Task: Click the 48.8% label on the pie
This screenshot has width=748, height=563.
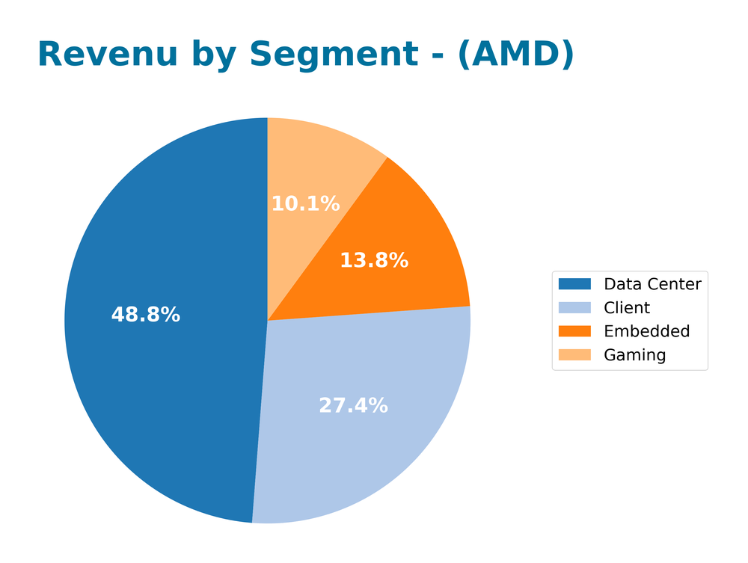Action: pos(145,316)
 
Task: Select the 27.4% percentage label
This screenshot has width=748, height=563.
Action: pos(353,406)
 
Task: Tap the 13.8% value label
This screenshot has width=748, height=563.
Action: pos(374,261)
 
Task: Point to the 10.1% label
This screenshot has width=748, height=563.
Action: pos(305,204)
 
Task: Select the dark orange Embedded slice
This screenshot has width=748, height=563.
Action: pos(419,247)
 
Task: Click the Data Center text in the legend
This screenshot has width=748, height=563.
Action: pos(652,284)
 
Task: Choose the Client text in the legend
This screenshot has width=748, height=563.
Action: pos(627,308)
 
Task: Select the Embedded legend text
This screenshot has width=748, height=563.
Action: pos(646,331)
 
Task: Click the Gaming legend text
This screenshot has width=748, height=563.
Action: pos(634,355)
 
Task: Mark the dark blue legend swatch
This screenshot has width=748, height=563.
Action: pos(574,284)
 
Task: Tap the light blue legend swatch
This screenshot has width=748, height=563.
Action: pos(574,308)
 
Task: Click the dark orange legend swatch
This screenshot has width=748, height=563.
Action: pos(574,331)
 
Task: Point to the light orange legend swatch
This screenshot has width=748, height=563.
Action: pos(574,355)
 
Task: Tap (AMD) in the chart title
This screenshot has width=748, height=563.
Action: pos(516,55)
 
